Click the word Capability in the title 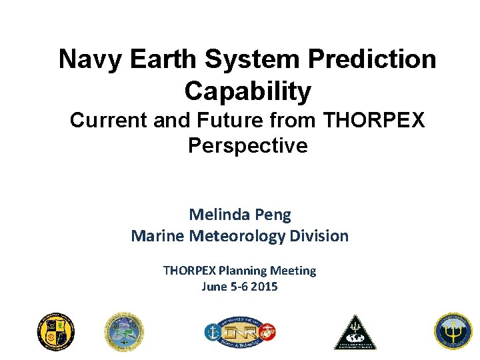(x=248, y=91)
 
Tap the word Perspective (x=248, y=145)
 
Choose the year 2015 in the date (x=264, y=287)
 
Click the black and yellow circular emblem (x=56, y=331)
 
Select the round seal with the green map (x=124, y=331)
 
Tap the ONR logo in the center (x=240, y=331)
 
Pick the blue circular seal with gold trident (x=453, y=331)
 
